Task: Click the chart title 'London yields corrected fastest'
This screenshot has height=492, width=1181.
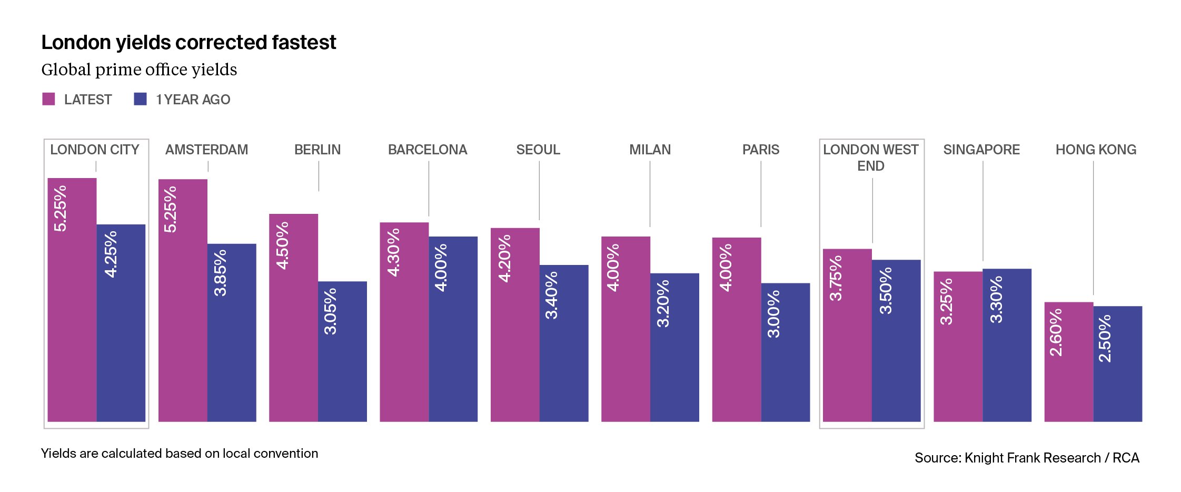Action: coord(188,43)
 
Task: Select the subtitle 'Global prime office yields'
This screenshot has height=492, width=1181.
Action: coord(139,70)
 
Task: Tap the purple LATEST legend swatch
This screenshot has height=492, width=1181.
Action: coord(48,99)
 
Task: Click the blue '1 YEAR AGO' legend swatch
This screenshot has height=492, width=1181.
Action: coord(140,99)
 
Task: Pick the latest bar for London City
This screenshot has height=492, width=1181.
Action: coord(72,316)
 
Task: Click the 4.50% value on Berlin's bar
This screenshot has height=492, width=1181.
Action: coord(283,245)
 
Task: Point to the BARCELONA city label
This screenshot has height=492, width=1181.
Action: coord(428,150)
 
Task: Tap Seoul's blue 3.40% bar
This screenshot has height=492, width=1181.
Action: coord(564,358)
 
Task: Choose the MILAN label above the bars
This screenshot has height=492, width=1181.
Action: coord(650,150)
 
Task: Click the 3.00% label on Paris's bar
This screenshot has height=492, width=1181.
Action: coord(773,314)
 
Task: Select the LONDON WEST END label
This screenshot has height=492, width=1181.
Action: coord(871,158)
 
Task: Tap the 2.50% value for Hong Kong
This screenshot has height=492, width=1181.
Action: coord(1105,338)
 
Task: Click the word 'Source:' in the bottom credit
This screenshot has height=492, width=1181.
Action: coord(938,458)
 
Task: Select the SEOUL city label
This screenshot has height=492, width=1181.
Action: coord(538,150)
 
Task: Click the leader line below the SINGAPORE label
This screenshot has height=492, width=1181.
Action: coord(983,211)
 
